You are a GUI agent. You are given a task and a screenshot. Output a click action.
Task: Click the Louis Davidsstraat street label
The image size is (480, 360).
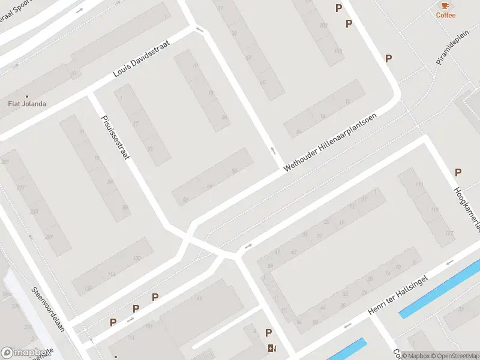pos(142,59)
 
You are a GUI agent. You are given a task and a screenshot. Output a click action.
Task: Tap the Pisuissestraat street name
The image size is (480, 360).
pos(116,137)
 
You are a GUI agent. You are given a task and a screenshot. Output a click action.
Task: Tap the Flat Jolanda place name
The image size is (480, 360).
pos(27,104)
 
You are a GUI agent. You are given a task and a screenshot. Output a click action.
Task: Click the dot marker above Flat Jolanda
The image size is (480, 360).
pos(27,96)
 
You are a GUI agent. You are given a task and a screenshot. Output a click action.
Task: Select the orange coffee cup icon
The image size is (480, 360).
pos(445,5)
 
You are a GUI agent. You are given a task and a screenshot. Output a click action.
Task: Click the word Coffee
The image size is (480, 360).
pos(445,15)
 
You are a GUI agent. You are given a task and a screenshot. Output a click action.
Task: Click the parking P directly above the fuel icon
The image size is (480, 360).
pos(268,333)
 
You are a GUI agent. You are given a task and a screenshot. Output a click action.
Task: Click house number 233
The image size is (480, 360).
pos(34,211)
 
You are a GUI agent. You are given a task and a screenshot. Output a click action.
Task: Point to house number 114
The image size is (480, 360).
pos(112,274)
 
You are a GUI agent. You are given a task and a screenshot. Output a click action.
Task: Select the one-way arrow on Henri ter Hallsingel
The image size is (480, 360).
pos(347,326)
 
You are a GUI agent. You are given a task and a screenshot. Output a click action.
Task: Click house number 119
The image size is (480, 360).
pos(434,209)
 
